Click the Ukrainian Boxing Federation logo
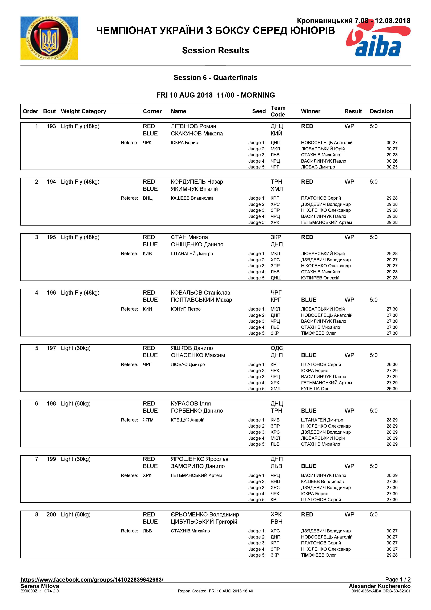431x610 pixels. [x=49, y=38]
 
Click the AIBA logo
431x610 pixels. [x=378, y=42]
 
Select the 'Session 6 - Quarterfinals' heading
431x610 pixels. [x=215, y=78]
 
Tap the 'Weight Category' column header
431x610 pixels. [x=83, y=111]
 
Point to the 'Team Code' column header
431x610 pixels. [x=278, y=111]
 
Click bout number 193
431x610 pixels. [x=51, y=126]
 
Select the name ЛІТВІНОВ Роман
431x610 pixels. [x=193, y=126]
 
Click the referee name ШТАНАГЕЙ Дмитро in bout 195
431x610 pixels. [x=192, y=254]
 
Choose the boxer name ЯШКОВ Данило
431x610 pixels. [x=192, y=348]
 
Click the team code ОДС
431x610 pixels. [x=277, y=348]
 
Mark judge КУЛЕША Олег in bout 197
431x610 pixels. [x=316, y=389]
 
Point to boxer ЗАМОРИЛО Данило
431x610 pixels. [x=198, y=466]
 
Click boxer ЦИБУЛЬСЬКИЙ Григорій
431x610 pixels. [x=204, y=521]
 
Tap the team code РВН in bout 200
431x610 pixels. [x=276, y=521]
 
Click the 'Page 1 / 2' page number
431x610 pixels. [x=398, y=579]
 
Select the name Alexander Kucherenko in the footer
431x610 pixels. [x=380, y=586]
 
